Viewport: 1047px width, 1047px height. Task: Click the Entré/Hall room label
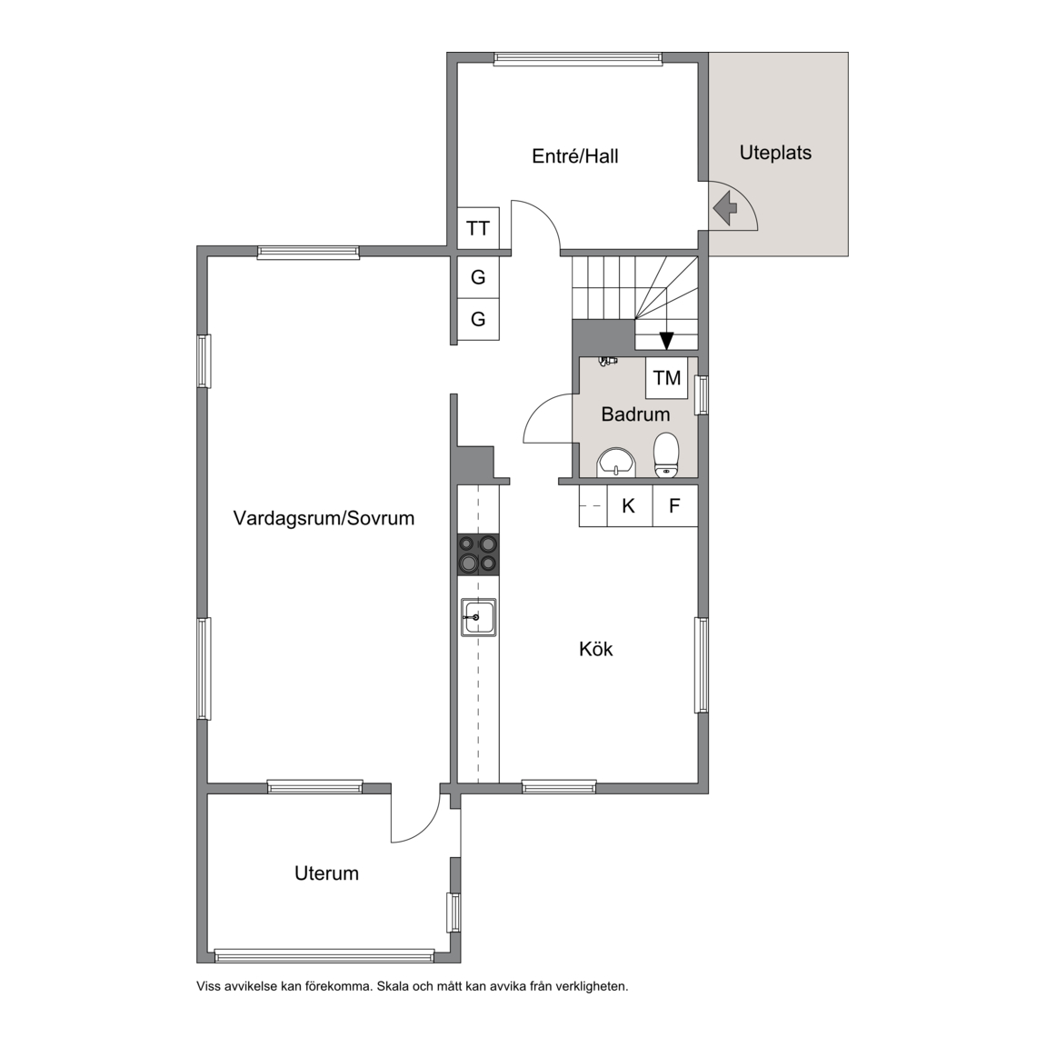pos(575,156)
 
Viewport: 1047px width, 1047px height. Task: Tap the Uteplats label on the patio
pos(775,153)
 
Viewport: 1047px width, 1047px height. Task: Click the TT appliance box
pos(478,228)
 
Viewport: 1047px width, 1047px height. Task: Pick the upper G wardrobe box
pos(478,277)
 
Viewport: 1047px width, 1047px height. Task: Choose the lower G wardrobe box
pos(478,319)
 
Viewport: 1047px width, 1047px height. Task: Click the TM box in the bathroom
pos(667,378)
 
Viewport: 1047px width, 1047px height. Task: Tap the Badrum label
pos(635,414)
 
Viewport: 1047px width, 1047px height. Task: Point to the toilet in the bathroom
pos(665,455)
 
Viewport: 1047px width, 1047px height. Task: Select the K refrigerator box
pos(628,505)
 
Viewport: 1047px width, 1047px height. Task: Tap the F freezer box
pos(674,505)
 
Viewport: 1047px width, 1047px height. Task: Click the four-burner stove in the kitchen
pos(478,554)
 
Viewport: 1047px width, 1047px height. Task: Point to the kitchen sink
pos(478,618)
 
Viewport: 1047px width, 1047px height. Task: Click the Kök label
pos(595,649)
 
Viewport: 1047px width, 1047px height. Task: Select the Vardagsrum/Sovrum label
pos(324,518)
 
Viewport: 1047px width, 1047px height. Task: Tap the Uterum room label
pos(326,873)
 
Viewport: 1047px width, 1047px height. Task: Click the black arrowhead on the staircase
pos(666,341)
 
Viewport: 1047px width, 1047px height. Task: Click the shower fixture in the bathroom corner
pos(607,361)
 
